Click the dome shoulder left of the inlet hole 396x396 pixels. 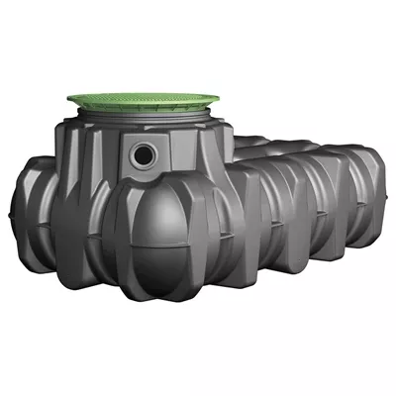99,148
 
